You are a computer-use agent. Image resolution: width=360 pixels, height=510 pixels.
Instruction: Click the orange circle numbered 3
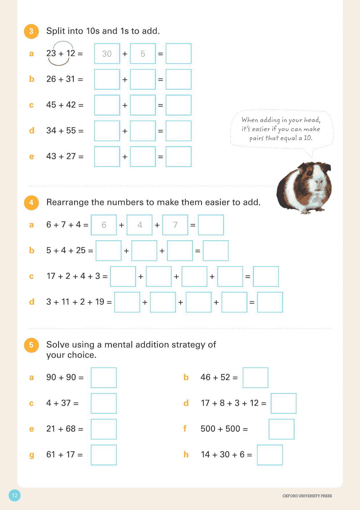click(31, 31)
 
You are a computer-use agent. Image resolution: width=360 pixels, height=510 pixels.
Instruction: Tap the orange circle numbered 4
click(31, 203)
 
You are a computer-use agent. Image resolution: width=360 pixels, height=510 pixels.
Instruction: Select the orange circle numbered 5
click(31, 345)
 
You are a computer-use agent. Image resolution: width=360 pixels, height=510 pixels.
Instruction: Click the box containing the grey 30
click(107, 54)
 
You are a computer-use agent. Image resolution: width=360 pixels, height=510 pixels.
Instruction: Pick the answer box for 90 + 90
click(104, 378)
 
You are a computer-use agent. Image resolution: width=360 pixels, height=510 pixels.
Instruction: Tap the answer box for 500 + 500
click(281, 429)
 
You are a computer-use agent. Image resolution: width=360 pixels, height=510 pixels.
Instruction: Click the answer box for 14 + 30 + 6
click(270, 455)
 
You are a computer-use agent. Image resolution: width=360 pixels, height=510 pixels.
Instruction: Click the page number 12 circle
click(15, 495)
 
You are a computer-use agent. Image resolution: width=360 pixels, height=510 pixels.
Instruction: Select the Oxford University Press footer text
click(307, 496)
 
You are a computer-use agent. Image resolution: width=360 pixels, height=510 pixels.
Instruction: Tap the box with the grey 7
click(175, 225)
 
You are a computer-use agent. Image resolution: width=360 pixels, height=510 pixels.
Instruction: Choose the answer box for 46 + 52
click(255, 378)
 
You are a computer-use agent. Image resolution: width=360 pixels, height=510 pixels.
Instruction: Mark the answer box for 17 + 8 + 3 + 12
click(283, 403)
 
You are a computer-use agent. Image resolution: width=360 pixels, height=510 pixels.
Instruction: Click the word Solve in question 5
click(57, 345)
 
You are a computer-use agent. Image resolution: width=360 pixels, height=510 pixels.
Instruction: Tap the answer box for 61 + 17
click(104, 455)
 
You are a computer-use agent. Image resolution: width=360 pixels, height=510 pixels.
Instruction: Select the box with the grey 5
click(143, 54)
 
